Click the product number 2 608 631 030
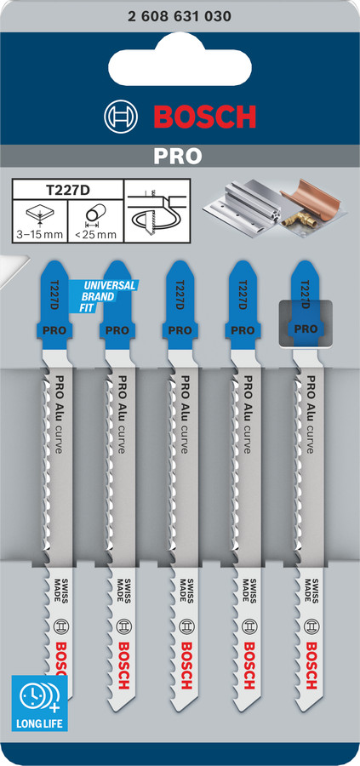click(x=180, y=17)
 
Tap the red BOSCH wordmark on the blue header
click(x=204, y=117)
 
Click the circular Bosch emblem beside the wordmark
click(x=121, y=117)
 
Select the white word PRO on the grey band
click(x=178, y=156)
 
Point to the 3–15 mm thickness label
click(x=40, y=235)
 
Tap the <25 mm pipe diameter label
click(x=95, y=235)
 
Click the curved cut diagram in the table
click(x=157, y=211)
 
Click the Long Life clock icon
click(x=40, y=696)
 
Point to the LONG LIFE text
click(x=39, y=722)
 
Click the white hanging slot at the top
click(x=180, y=59)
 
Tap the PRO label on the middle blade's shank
click(x=180, y=329)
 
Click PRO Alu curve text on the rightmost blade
click(x=309, y=414)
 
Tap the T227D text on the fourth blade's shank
click(x=243, y=294)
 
